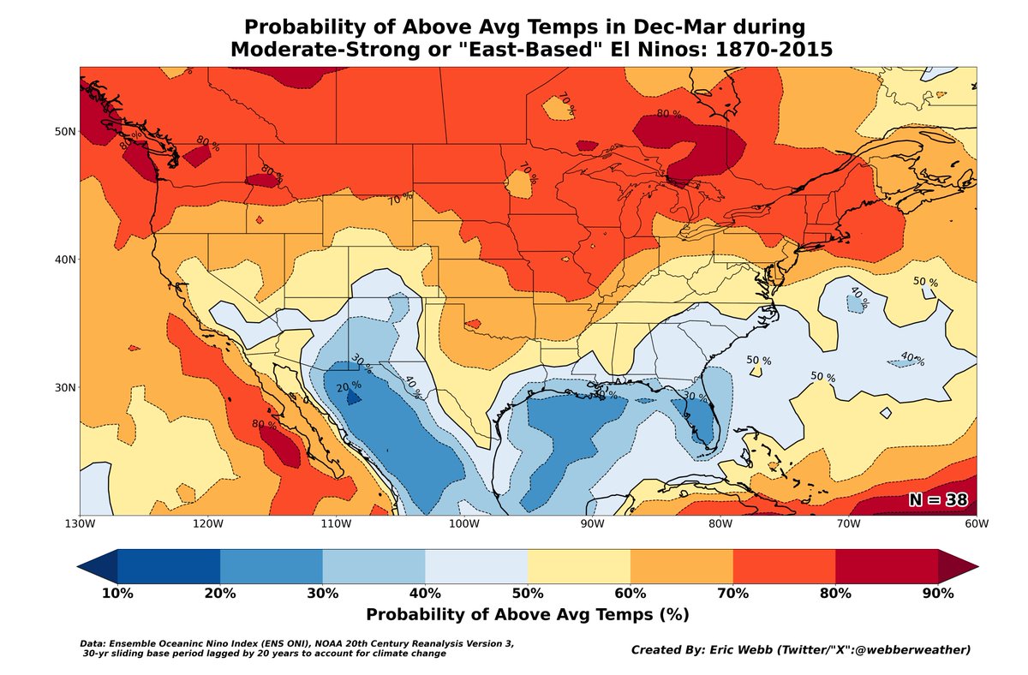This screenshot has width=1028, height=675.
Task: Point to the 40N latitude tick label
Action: coord(63,260)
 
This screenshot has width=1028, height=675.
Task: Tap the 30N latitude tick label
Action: coord(63,387)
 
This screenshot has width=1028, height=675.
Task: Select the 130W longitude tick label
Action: coord(81,524)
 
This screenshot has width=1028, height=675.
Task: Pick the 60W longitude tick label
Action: coord(976,524)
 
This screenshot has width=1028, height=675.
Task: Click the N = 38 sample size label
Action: coord(940,500)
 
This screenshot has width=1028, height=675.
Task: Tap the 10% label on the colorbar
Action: coord(117,594)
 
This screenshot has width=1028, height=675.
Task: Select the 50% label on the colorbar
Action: coord(528,594)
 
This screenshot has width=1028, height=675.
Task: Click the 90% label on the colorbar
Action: coord(938,594)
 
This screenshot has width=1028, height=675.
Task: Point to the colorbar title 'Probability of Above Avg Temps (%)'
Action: coord(528,614)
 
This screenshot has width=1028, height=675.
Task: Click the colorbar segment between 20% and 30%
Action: coord(272,567)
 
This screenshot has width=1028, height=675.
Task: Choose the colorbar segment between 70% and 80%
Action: coord(784,567)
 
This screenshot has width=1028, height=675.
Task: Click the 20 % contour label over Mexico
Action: coord(348,388)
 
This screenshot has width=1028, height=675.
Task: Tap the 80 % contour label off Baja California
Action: coord(264,424)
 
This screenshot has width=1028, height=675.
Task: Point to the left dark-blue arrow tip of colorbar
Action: coord(86,567)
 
